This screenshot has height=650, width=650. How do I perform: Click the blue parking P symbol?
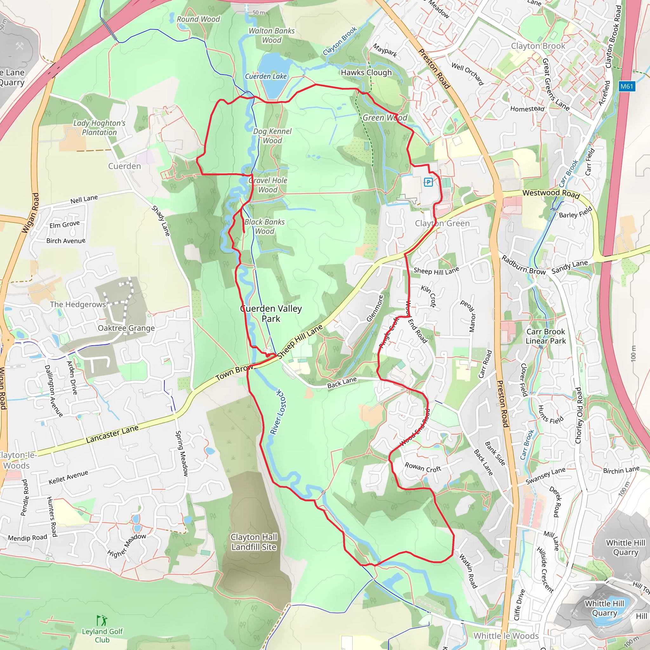[x=428, y=182]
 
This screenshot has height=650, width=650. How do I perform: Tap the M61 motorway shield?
[x=627, y=86]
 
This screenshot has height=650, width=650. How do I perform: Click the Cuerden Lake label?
[x=265, y=76]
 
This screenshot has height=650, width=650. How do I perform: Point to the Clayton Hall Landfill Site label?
[x=254, y=542]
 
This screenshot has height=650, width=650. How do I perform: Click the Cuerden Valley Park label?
[x=271, y=313]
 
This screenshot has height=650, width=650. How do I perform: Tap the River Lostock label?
[x=279, y=413]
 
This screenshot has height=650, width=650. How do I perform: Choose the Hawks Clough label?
[x=366, y=72]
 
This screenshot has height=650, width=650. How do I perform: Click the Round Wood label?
[x=198, y=19]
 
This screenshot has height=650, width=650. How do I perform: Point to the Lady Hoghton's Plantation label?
[x=99, y=128]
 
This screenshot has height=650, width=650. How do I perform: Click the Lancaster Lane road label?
[x=112, y=434]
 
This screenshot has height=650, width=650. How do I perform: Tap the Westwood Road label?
[x=551, y=194]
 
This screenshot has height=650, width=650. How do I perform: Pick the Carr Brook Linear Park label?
[x=545, y=336]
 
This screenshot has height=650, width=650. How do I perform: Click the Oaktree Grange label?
[x=126, y=328]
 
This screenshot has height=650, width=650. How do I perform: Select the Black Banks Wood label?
[x=264, y=226]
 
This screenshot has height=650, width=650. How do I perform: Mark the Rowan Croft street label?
[x=422, y=467]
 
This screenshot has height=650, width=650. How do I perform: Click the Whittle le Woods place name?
[x=506, y=636]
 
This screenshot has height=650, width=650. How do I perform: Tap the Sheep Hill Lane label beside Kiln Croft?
[x=436, y=270]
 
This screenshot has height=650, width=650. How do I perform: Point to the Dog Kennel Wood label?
[x=272, y=136]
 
